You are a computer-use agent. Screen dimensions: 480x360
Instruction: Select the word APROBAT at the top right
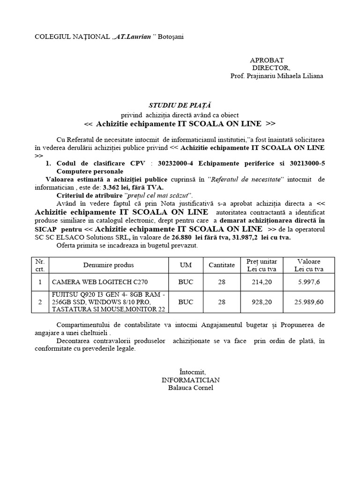[266, 60]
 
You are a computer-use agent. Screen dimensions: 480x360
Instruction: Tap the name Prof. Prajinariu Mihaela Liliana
[276, 76]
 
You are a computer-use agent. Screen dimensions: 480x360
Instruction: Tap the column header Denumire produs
[108, 265]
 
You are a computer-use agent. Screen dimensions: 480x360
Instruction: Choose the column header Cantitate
[222, 265]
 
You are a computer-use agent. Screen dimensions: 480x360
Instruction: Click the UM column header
[186, 265]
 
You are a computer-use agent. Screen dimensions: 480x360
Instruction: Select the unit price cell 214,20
[262, 282]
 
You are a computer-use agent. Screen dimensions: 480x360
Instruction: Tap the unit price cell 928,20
[262, 302]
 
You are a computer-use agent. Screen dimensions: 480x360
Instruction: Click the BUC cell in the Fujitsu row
[186, 302]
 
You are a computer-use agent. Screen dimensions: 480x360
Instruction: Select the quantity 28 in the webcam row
[222, 282]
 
